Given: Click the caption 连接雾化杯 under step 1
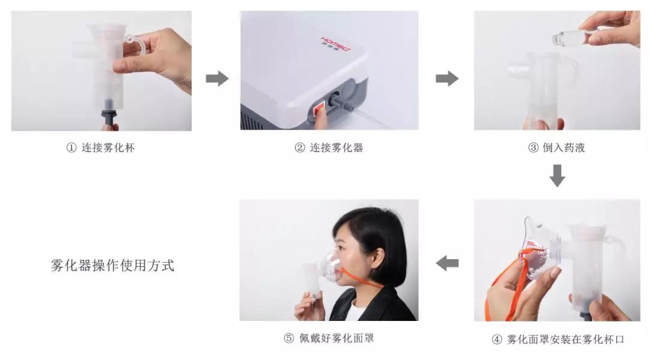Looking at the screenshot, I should click(108, 148).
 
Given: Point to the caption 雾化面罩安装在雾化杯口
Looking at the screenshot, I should click(565, 340).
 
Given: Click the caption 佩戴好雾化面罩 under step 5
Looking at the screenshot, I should click(337, 338).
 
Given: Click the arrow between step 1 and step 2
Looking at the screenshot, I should click(217, 79).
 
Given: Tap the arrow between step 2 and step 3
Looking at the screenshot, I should click(446, 79).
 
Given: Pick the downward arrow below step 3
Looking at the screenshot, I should click(557, 175).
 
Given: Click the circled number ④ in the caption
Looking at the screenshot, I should click(496, 340).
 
